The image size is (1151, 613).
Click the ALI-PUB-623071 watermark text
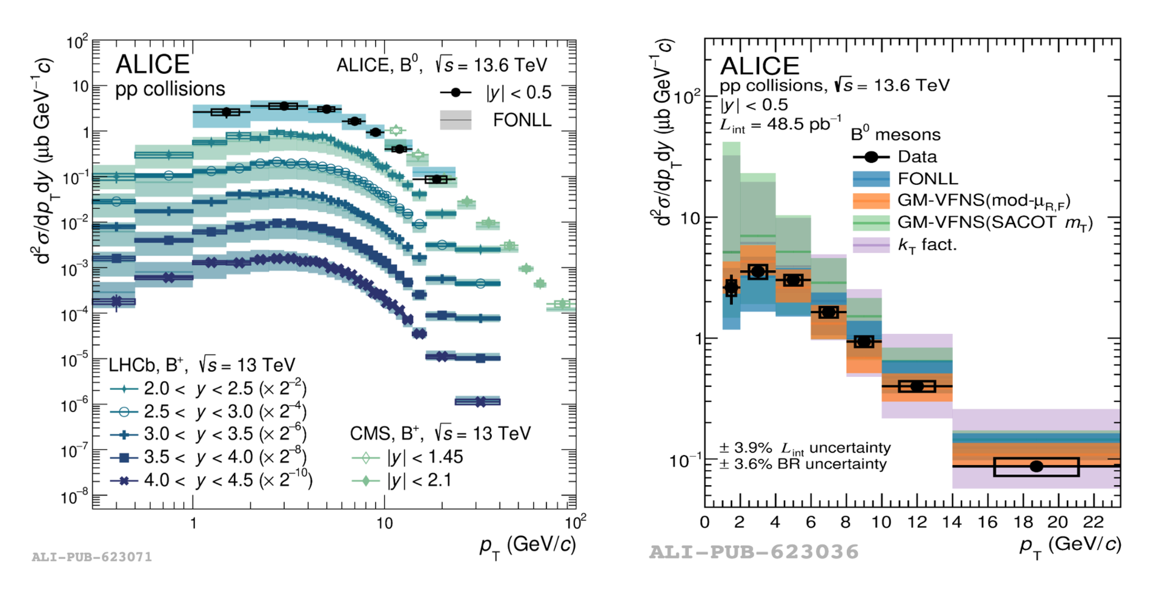tap(92, 557)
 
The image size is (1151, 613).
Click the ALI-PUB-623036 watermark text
tap(754, 552)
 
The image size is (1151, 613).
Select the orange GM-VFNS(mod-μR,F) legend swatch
tap(871, 200)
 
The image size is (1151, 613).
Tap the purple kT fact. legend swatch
tap(871, 245)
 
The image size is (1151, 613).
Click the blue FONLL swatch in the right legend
tap(871, 179)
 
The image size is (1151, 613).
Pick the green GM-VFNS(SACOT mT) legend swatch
tap(871, 223)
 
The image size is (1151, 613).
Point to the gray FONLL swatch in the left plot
tap(456, 120)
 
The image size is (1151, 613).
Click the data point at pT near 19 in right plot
tap(1036, 466)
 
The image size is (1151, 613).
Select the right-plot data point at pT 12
tap(917, 386)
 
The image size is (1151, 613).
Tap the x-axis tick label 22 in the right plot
tap(1093, 522)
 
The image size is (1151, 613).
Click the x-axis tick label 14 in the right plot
tap(952, 522)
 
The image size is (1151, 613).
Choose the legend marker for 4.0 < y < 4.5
tap(124, 481)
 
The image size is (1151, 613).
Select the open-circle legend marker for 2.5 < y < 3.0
tap(124, 412)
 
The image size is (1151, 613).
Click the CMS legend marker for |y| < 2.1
tap(366, 481)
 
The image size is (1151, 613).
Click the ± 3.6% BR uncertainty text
tap(803, 465)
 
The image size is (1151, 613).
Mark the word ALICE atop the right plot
tap(760, 65)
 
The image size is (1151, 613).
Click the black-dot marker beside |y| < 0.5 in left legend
tap(456, 92)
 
